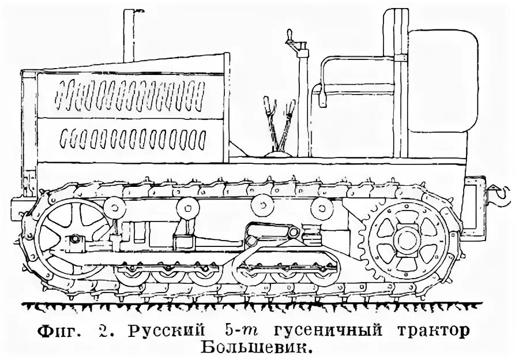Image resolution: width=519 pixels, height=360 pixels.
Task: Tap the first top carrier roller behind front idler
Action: [116, 205]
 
